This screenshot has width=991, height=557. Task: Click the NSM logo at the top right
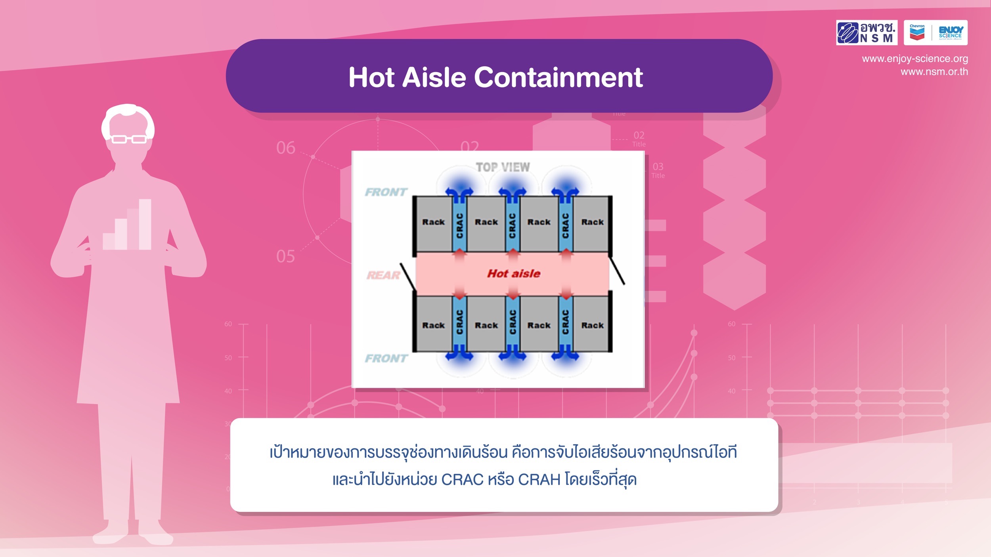[866, 32]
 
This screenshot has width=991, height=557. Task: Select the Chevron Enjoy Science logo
[935, 32]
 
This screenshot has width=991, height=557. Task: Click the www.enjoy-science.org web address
[914, 59]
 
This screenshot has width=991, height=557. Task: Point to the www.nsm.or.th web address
[934, 72]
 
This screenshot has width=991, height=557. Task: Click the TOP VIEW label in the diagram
[503, 167]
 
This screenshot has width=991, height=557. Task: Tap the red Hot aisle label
[514, 273]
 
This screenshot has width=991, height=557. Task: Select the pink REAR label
[383, 275]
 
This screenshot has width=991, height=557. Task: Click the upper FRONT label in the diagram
[386, 192]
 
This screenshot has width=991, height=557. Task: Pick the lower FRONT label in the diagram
[386, 358]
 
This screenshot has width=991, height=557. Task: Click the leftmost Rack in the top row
[433, 223]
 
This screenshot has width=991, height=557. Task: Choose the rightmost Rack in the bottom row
[592, 325]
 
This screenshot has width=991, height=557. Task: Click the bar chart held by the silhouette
[127, 226]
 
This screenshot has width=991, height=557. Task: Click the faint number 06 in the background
[285, 148]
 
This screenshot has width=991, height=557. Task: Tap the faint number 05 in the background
[285, 256]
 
